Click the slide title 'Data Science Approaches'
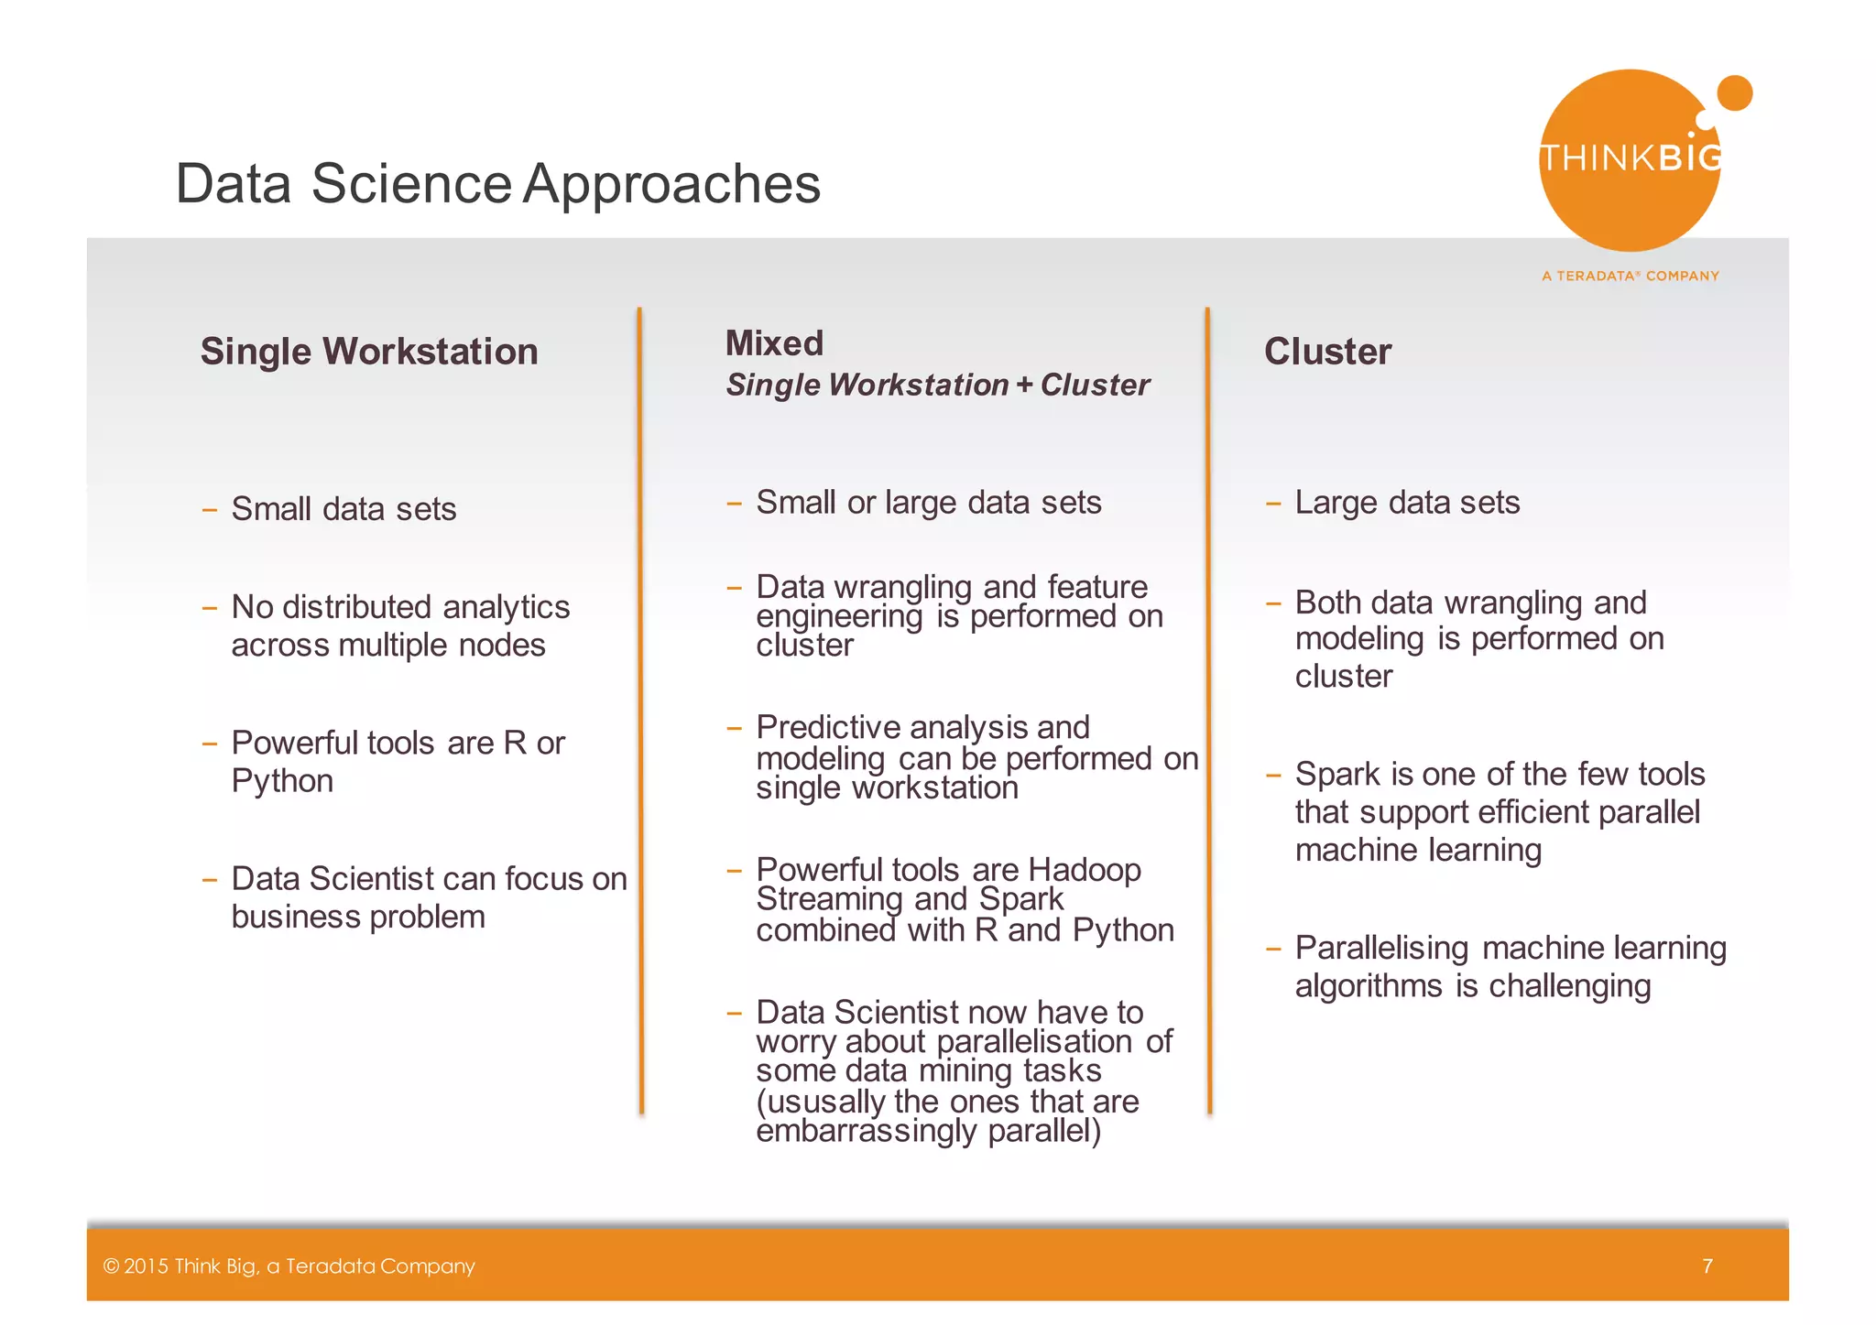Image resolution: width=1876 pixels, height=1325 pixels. (x=497, y=183)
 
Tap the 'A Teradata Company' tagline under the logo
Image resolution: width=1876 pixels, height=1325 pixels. (x=1630, y=276)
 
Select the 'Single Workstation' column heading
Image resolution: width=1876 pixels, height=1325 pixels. (x=369, y=352)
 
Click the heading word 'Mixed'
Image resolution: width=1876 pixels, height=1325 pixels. (x=774, y=343)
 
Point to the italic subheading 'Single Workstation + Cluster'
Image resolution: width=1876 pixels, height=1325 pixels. (x=937, y=386)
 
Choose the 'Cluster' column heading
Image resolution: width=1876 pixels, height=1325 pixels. (x=1327, y=352)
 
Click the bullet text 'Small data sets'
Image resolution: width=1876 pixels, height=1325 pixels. (x=344, y=509)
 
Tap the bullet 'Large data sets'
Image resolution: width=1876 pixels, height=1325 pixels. (x=1407, y=503)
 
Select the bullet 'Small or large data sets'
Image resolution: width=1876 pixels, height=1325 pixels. (x=928, y=503)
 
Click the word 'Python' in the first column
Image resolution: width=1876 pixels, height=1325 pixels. (x=282, y=781)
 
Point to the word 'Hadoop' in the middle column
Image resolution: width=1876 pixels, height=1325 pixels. (x=1085, y=869)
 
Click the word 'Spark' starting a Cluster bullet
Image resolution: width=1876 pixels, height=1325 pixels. (x=1336, y=775)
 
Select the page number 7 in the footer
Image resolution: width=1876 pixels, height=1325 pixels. (x=1707, y=1265)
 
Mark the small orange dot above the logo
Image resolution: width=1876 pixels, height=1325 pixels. (x=1734, y=92)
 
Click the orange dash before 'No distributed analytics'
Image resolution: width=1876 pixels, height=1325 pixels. (x=210, y=608)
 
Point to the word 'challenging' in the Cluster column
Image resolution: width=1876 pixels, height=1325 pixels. (x=1569, y=986)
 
